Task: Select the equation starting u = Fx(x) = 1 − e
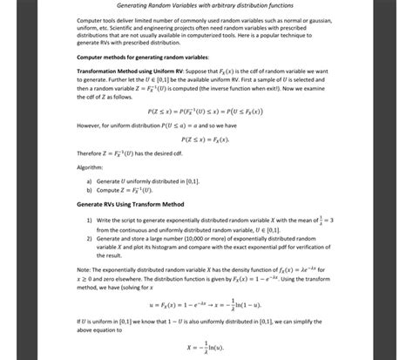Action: [x=206, y=306]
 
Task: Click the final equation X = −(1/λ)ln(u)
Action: [x=206, y=347]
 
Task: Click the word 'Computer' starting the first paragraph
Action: [x=91, y=18]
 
